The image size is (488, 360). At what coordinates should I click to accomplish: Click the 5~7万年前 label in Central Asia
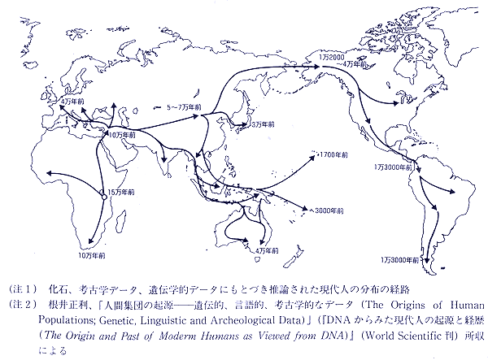click(185, 106)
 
